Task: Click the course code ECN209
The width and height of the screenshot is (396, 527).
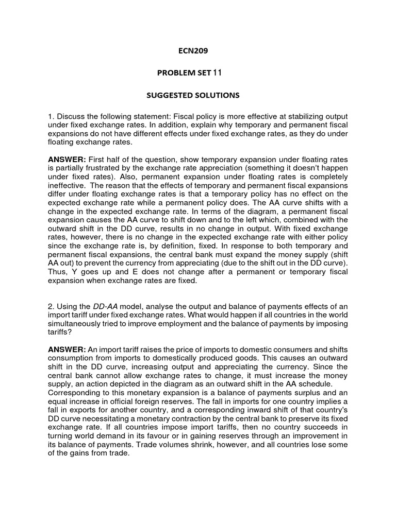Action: (193, 51)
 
